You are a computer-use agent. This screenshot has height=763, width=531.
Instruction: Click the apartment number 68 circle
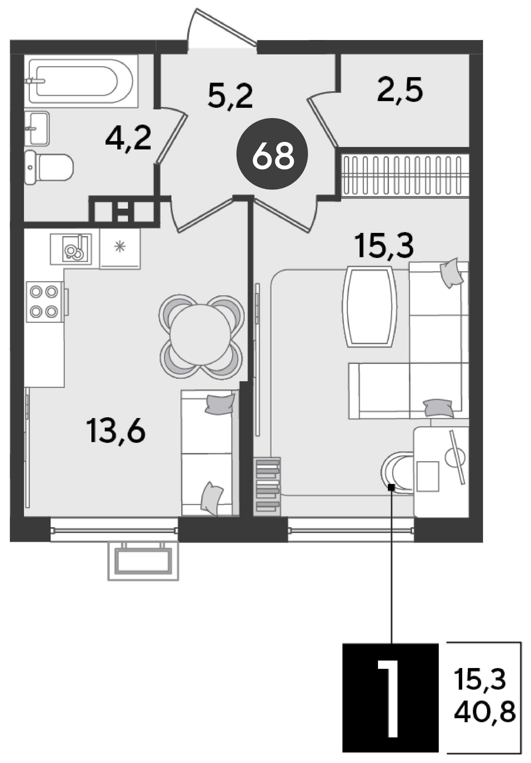pos(272,154)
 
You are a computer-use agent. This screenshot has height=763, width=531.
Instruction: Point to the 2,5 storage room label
pos(400,89)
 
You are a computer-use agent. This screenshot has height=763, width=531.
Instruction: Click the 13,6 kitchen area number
pos(116,431)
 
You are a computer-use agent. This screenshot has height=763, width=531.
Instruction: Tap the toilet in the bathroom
pos(49,167)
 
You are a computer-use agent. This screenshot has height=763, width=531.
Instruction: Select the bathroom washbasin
pos(37,128)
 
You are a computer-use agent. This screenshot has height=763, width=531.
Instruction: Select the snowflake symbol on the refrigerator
pos(119,246)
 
